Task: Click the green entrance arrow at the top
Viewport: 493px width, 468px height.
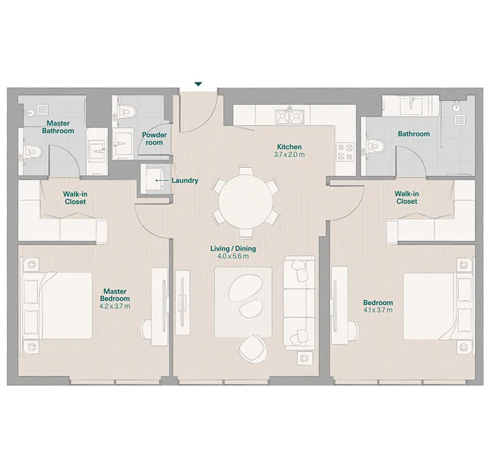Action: tap(199, 84)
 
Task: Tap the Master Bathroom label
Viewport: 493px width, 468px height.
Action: tap(58, 127)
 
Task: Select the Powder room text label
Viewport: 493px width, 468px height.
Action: tap(154, 138)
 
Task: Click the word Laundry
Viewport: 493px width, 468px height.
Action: tap(185, 181)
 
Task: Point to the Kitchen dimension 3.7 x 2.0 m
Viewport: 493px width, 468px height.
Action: tap(289, 155)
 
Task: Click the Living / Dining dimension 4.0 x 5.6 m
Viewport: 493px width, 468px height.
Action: tap(233, 256)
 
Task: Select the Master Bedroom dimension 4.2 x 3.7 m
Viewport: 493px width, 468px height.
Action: tap(115, 306)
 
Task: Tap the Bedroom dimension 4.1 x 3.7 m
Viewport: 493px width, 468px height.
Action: tap(378, 310)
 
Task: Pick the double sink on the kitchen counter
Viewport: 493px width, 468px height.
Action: tap(290, 117)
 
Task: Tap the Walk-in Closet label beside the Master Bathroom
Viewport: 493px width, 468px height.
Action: tap(75, 197)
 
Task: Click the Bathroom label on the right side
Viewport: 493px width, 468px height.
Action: tap(413, 134)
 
